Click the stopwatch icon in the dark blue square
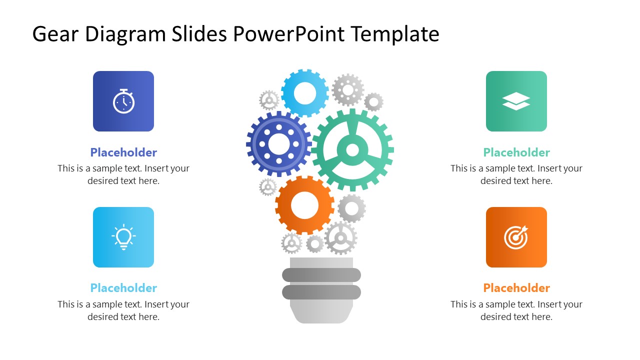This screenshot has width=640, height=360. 123,101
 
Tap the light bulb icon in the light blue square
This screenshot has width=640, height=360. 123,237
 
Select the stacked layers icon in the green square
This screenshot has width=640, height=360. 516,101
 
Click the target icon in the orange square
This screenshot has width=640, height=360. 516,237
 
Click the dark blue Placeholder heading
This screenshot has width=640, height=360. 123,152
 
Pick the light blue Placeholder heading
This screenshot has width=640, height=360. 123,288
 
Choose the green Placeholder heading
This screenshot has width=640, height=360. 516,152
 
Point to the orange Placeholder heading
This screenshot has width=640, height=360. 516,288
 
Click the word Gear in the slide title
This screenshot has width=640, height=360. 55,34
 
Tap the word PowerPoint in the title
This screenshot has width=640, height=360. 289,34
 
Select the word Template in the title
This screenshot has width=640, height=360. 395,34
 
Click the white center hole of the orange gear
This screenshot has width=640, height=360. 304,205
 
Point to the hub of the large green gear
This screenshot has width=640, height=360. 352,149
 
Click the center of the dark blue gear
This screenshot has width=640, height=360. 278,144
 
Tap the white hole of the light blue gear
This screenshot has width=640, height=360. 305,93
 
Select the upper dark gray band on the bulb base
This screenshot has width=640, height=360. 321,275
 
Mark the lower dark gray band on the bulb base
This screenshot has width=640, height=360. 321,292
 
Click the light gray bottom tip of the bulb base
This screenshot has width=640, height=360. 321,314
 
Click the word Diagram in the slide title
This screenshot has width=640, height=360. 125,34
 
